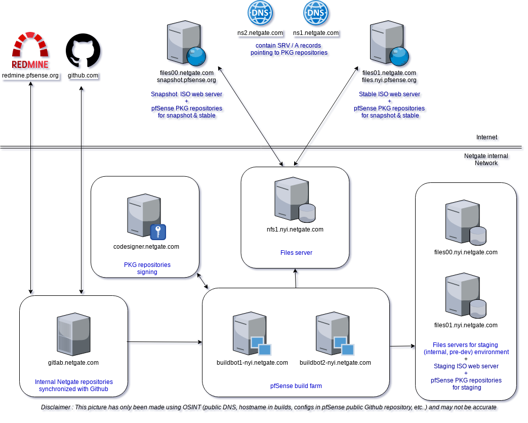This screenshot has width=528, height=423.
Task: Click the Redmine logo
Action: coord(30,51)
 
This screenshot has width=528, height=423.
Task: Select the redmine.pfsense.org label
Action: coord(30,75)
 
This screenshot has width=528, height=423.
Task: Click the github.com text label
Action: coord(83,75)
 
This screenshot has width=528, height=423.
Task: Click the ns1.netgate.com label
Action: coord(316,33)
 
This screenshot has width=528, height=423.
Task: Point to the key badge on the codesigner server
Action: coord(158,232)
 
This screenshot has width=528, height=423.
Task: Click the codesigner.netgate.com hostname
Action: coord(146,247)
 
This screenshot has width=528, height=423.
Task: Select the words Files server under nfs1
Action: coord(296,252)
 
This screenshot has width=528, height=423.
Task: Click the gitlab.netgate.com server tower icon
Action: coord(74,334)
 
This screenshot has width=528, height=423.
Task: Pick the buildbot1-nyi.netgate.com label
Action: coord(252,362)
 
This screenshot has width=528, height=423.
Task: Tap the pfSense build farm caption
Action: coord(296,386)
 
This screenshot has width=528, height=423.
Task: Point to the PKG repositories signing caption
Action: coord(147,268)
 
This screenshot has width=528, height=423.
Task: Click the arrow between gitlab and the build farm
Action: coord(165,343)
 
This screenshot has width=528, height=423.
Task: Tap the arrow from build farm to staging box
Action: coord(402,348)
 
